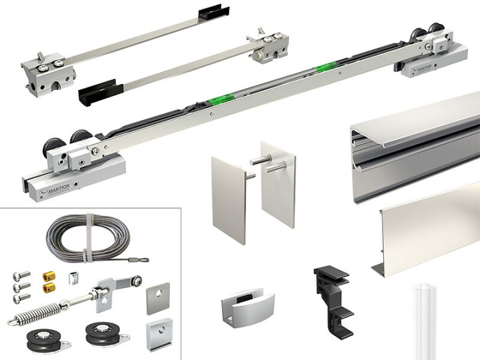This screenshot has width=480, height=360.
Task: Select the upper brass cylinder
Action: point(49,277)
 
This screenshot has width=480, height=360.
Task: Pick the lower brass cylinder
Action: point(49,287)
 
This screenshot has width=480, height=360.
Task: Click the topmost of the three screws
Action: point(21,275)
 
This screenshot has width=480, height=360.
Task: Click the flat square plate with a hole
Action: point(158,299)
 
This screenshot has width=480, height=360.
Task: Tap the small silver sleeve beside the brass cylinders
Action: point(72,279)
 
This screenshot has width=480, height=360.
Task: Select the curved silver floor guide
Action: point(247,307)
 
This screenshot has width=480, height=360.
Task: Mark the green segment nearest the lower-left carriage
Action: point(221,99)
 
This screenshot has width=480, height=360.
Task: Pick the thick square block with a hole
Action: point(159,335)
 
